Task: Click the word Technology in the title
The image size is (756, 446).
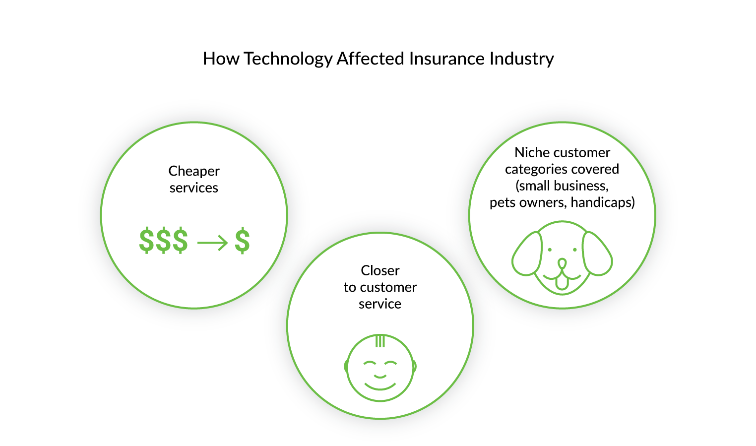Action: [x=288, y=59]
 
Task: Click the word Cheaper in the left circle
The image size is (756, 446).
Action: [x=194, y=171]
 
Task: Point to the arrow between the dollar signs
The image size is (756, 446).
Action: [x=212, y=243]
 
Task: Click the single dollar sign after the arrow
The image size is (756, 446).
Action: [x=242, y=241]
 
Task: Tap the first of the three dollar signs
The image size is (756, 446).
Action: [x=146, y=241]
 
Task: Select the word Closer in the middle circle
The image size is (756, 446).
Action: [x=380, y=270]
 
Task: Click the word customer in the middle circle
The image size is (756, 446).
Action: [x=388, y=287]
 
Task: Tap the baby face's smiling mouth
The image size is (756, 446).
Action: [x=380, y=385]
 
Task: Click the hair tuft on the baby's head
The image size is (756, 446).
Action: [x=380, y=341]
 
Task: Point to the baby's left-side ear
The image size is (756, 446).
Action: [x=346, y=367]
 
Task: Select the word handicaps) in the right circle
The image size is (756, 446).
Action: [x=603, y=202]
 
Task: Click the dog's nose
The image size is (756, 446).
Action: [x=562, y=262]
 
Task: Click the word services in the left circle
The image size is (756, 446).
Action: [x=194, y=188]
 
